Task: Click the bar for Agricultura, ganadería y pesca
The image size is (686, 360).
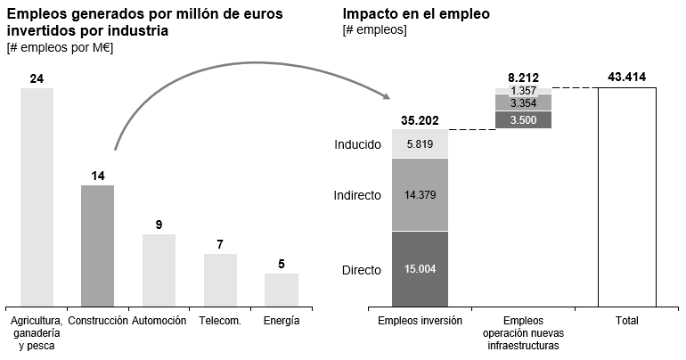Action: click(37, 196)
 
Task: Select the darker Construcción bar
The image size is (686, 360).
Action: click(98, 244)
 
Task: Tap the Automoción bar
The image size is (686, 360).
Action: click(159, 268)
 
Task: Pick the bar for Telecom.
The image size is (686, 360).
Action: click(220, 278)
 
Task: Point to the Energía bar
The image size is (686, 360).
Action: click(281, 288)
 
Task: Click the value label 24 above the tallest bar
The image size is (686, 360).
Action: click(37, 78)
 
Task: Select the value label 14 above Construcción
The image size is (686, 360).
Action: click(98, 176)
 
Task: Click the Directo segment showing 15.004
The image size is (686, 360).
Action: click(420, 268)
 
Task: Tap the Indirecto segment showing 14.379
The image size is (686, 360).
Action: click(420, 195)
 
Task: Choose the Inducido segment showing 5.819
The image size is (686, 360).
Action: click(420, 144)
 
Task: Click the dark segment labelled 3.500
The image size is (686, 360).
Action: click(523, 120)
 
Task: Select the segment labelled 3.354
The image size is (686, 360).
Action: click(523, 103)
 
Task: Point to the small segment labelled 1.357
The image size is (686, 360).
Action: click(523, 91)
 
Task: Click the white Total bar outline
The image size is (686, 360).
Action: click(627, 196)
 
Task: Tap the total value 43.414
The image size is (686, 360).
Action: click(627, 78)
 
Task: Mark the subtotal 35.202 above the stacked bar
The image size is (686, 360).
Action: click(420, 120)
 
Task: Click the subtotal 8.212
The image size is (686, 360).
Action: click(523, 78)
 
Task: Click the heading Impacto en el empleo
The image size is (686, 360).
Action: click(415, 15)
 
